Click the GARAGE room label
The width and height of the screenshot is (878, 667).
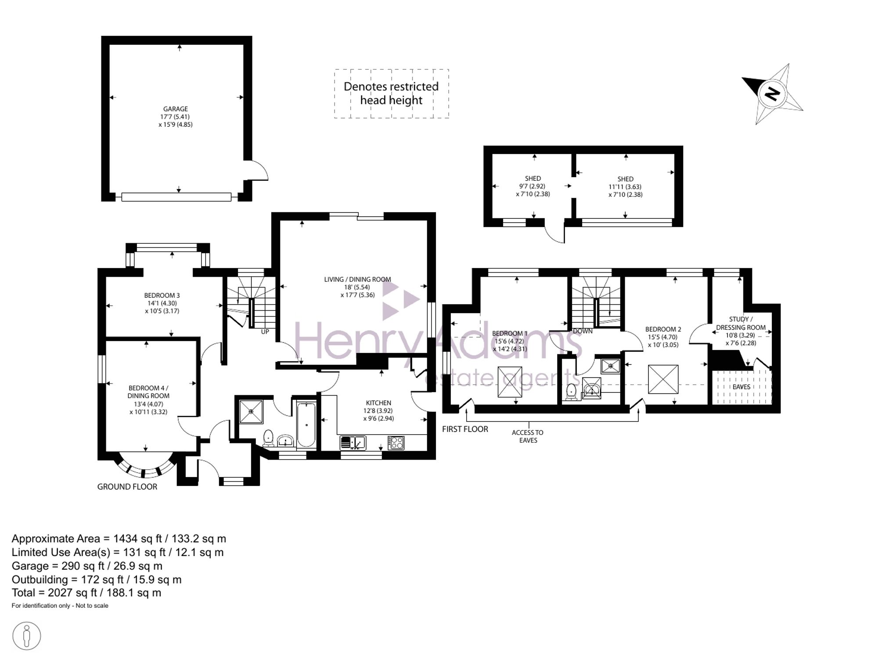click(176, 109)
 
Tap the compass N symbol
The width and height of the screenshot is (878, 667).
click(772, 94)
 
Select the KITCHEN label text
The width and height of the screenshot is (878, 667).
click(378, 403)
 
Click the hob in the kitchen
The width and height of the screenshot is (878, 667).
click(396, 442)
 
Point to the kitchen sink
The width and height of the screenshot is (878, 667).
click(353, 443)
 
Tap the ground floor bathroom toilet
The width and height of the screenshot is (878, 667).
click(268, 438)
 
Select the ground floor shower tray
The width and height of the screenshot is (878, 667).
click(251, 412)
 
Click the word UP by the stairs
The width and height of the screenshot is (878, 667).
click(265, 332)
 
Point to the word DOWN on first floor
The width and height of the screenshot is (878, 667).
click(583, 331)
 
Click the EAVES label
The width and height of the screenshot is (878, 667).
click(741, 387)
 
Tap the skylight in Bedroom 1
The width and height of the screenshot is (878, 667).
click(510, 382)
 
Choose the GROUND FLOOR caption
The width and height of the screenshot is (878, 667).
click(127, 486)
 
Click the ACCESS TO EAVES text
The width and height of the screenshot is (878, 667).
click(528, 436)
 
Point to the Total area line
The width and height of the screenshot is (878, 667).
click(86, 593)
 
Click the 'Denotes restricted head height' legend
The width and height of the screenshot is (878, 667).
click(391, 93)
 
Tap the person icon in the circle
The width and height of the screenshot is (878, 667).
click(27, 636)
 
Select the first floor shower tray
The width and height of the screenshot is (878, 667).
click(610, 366)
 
